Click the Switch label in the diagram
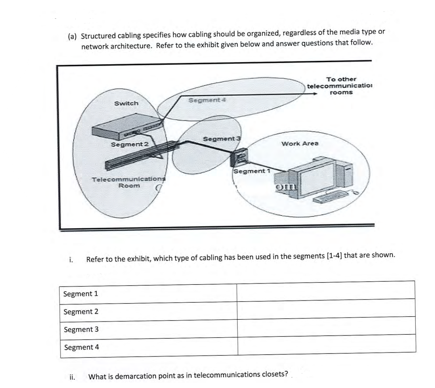pyautogui.click(x=126, y=103)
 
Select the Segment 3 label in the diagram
pyautogui.click(x=220, y=139)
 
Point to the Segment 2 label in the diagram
pyautogui.click(x=130, y=144)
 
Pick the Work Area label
pyautogui.click(x=300, y=143)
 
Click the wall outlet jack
pyautogui.click(x=239, y=157)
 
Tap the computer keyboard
pyautogui.click(x=329, y=196)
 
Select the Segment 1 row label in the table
pyautogui.click(x=81, y=294)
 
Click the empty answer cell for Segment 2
pyautogui.click(x=326, y=311)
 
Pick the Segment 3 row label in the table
pyautogui.click(x=81, y=329)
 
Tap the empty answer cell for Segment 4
pyautogui.click(x=326, y=347)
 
